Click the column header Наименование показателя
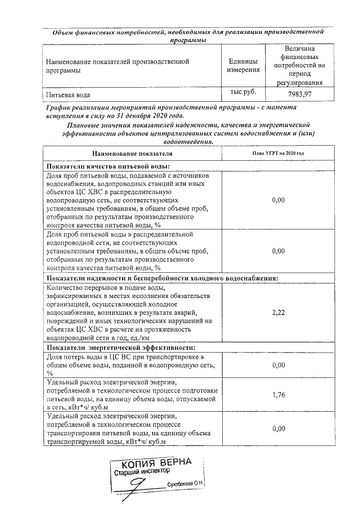pos(132,154)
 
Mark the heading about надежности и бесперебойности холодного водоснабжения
pos(162,278)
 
